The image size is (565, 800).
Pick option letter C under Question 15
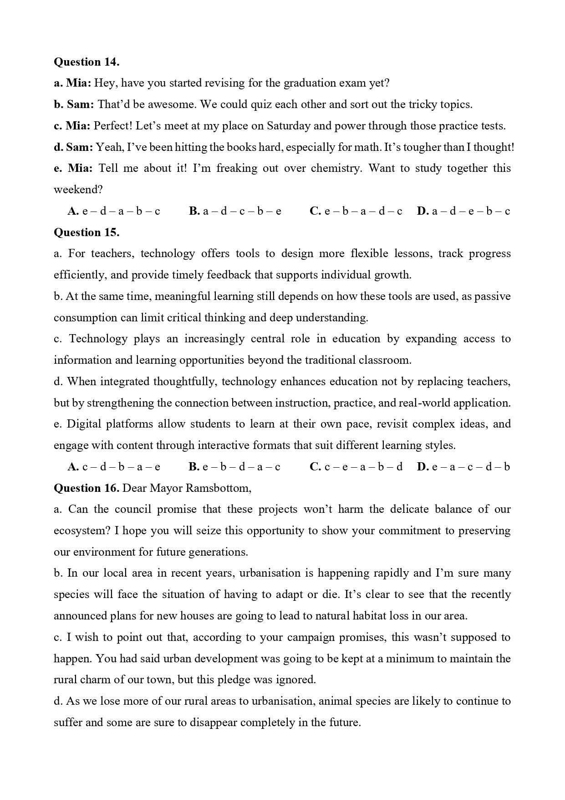tap(316, 467)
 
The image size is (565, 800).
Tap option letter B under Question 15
tap(194, 467)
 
